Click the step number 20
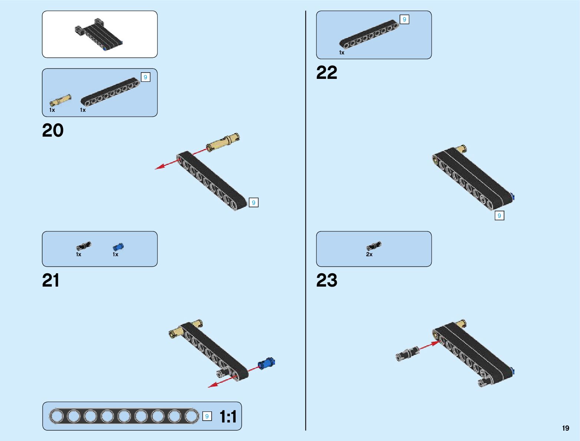tap(53, 130)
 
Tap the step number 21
tap(51, 280)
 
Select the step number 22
tap(327, 73)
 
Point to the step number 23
tap(327, 280)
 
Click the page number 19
tap(565, 428)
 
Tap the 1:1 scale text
tap(228, 417)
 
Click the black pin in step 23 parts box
tap(374, 246)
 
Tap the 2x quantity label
tap(369, 254)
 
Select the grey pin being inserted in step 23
tap(407, 354)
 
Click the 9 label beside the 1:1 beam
tap(207, 416)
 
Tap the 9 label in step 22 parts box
tap(404, 19)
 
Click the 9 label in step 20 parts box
tap(145, 77)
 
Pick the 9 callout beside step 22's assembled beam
tap(499, 216)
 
